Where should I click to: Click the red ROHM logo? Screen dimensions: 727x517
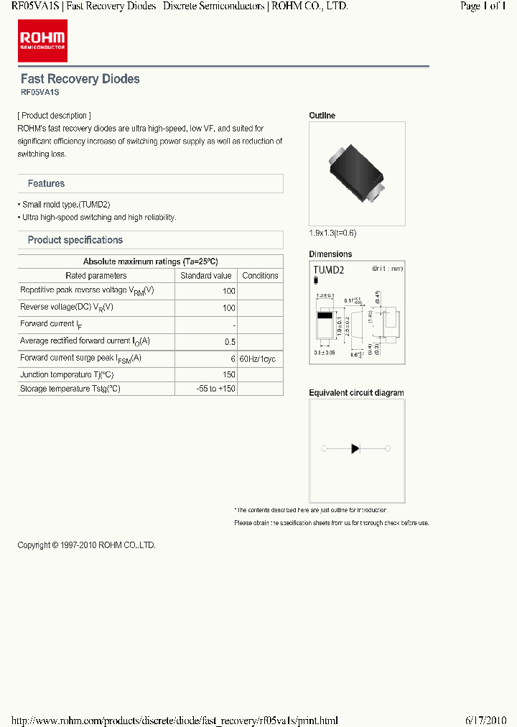(42, 41)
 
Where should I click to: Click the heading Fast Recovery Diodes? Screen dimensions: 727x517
(80, 79)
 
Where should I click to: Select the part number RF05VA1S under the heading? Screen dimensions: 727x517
(39, 93)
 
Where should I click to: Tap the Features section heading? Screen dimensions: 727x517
(46, 184)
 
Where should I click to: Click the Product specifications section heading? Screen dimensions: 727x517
(75, 240)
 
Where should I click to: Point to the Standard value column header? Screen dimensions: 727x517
(206, 276)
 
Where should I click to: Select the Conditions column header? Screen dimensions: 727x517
(260, 276)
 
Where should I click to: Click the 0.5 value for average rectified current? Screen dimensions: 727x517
(230, 342)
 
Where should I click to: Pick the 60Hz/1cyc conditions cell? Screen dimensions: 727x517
(257, 358)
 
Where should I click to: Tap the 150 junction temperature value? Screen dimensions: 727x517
(228, 375)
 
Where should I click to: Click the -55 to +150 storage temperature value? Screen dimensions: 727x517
(215, 389)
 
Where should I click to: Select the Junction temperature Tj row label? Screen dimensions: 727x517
(67, 375)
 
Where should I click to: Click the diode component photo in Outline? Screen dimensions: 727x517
(357, 174)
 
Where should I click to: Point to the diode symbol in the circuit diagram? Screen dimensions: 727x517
(355, 449)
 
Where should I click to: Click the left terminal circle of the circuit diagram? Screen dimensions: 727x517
(324, 449)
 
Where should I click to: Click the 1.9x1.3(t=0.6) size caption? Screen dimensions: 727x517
(332, 233)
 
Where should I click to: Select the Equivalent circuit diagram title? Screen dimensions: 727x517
(356, 393)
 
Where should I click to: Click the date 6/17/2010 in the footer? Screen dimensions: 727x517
(486, 721)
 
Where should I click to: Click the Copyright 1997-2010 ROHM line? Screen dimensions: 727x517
(86, 545)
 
